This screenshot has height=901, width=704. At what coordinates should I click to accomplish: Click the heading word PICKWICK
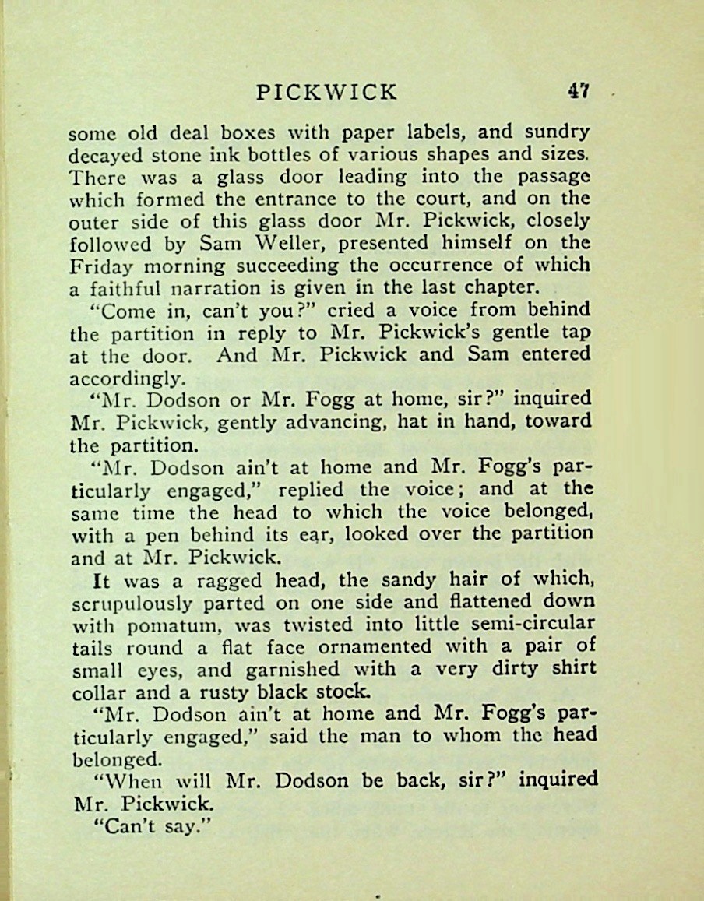coord(326,93)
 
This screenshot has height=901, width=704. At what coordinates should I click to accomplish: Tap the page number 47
coord(578,92)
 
